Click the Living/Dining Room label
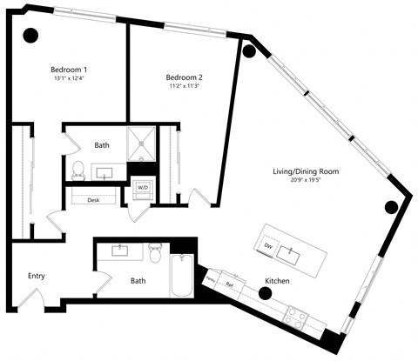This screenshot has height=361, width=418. [x=305, y=171]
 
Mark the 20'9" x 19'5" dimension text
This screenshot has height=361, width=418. [x=305, y=182]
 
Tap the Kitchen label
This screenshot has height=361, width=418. [x=279, y=282]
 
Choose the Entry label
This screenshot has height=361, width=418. [x=36, y=277]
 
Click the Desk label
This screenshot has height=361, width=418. [x=93, y=199]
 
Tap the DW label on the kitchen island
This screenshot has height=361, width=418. [x=268, y=246]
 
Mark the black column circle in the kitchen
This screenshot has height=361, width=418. [x=264, y=293]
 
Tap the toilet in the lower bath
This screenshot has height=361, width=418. [x=157, y=255]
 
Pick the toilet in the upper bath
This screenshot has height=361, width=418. [x=77, y=168]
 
